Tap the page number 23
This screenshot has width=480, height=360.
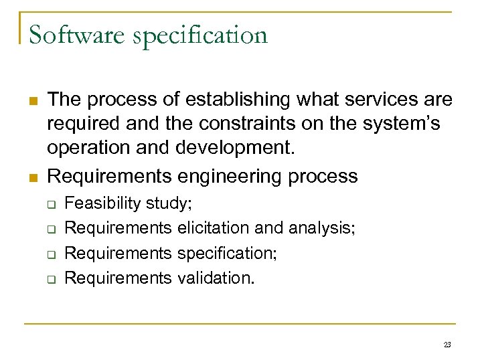pos(447,344)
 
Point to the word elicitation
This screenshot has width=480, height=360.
pos(214,228)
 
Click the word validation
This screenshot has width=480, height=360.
pos(216,278)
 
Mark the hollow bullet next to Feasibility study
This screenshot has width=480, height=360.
pos(50,203)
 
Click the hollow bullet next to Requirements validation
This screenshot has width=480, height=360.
pos(50,278)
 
